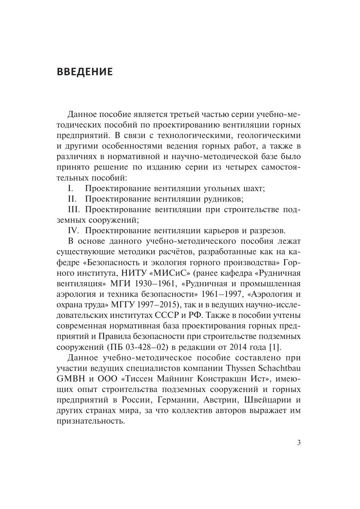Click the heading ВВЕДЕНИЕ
[x=85, y=72]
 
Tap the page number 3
[x=299, y=443]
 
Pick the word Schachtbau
[x=279, y=368]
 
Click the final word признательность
[x=91, y=421]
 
